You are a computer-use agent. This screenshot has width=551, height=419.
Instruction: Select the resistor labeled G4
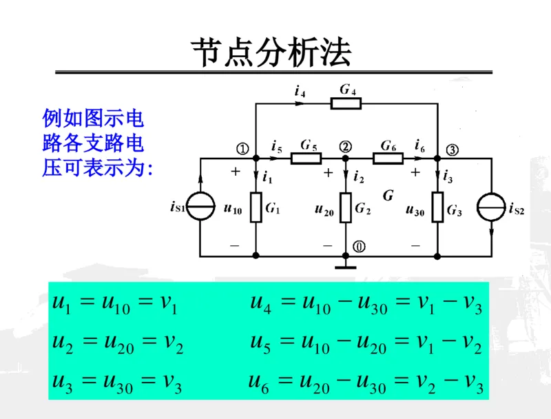[x=346, y=103]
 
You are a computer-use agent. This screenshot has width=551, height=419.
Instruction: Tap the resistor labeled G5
[x=306, y=158]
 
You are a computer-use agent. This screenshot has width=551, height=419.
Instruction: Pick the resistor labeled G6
[x=388, y=158]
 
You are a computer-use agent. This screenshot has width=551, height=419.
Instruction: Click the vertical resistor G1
[x=256, y=207]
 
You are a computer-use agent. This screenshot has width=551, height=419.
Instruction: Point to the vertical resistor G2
[x=346, y=207]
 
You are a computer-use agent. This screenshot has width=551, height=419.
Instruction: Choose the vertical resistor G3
[x=437, y=207]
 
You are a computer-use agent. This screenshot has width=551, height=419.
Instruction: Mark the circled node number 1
[x=242, y=148]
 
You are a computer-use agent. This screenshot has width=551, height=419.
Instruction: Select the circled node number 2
[x=345, y=147]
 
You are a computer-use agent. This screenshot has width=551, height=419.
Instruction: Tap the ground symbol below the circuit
[x=346, y=264]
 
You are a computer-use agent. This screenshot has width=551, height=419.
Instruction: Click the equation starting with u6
[x=366, y=382]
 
